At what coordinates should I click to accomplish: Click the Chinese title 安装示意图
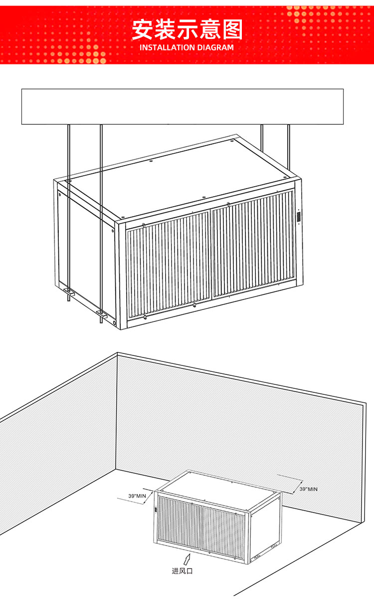click(x=187, y=29)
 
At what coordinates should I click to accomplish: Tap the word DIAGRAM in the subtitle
click(x=215, y=48)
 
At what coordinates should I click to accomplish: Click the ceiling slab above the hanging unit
click(x=183, y=106)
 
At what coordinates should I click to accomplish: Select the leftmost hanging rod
click(x=69, y=213)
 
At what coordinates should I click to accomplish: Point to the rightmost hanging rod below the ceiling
click(x=289, y=146)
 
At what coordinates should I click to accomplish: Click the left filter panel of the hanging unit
click(x=169, y=264)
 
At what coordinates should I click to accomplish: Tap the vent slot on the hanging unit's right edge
click(x=299, y=217)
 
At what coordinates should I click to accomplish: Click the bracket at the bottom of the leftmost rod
click(x=69, y=291)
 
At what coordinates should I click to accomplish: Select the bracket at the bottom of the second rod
click(x=102, y=314)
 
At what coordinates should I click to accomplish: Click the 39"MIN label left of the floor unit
click(x=137, y=496)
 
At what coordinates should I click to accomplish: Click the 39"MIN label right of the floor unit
click(x=309, y=489)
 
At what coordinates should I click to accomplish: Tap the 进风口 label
click(x=183, y=571)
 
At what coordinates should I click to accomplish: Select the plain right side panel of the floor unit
click(x=265, y=529)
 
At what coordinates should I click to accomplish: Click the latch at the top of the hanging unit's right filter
click(x=228, y=204)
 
